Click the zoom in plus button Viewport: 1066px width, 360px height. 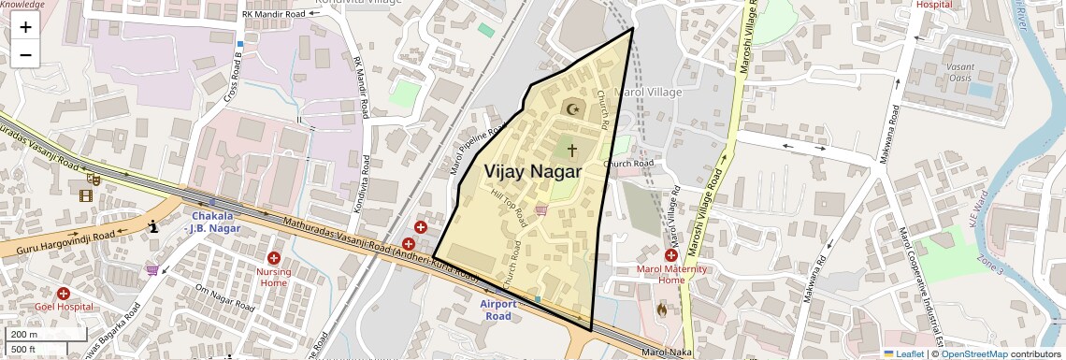[x=25, y=27]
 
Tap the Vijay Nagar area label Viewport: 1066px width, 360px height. [x=532, y=172]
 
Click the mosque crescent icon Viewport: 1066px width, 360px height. [x=571, y=108]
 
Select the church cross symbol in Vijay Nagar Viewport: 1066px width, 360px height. [x=571, y=150]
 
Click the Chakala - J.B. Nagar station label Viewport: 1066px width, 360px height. [x=215, y=221]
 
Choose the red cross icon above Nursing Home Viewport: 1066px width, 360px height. [x=274, y=257]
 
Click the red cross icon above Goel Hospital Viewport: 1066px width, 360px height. [x=64, y=293]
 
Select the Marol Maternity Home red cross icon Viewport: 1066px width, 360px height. [x=671, y=255]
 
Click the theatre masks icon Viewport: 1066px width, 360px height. [x=94, y=177]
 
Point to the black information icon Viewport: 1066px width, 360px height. [x=153, y=225]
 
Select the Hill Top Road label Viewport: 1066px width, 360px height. [x=509, y=205]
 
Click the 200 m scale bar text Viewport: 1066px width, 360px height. [x=24, y=334]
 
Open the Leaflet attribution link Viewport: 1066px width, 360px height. [x=903, y=353]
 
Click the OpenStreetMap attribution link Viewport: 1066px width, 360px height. [x=973, y=353]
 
